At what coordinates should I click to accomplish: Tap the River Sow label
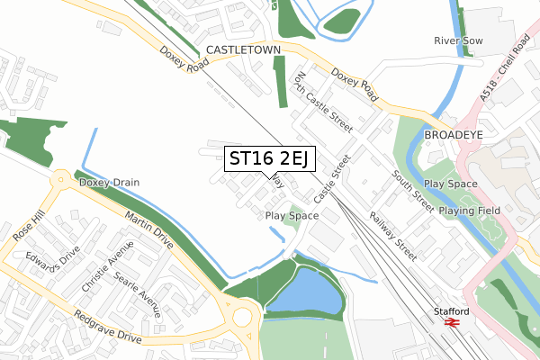tap(458, 41)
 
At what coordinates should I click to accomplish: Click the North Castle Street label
tap(319, 100)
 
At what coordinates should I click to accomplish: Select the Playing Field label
tap(468, 210)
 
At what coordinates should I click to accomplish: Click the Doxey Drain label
tap(109, 183)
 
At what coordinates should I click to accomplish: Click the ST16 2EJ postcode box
tap(268, 159)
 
